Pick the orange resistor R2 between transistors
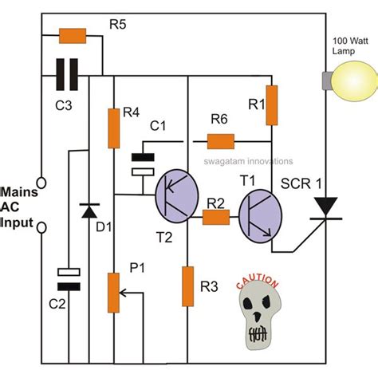point(217,215)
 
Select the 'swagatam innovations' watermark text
point(251,159)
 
